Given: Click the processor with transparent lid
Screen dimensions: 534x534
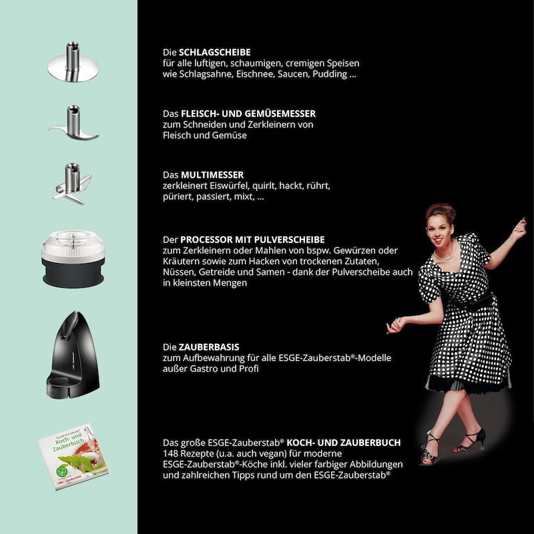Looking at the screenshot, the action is point(73,259).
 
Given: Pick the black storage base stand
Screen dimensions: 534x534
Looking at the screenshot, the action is point(73,354).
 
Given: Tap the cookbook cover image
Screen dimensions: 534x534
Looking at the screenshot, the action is point(73,457).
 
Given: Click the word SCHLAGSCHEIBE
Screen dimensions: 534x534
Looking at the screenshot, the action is point(214,52).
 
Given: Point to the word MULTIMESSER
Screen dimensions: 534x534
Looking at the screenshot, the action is point(212,175).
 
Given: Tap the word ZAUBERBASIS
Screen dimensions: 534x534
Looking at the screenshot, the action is point(209,347).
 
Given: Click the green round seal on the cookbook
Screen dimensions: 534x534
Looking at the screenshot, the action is point(62,472).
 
